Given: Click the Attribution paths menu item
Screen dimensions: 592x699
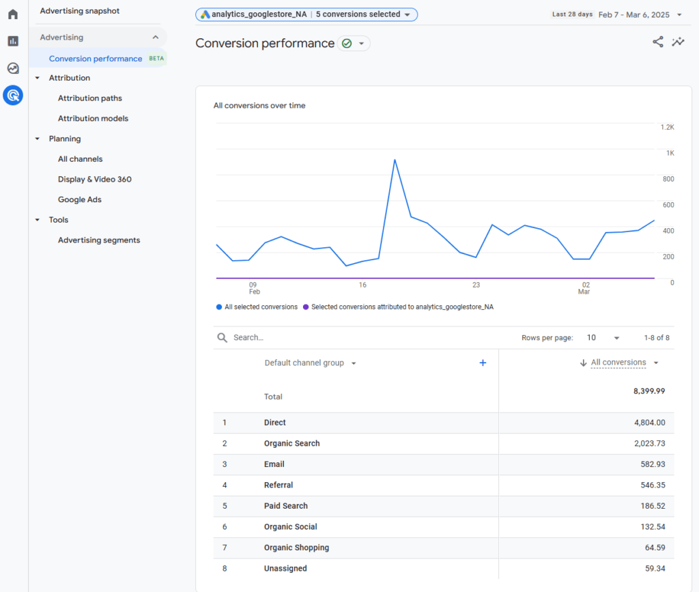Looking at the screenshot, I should [x=89, y=98].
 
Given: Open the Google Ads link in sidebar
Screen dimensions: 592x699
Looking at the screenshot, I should [x=79, y=199].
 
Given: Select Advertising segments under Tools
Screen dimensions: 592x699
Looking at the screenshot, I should [x=98, y=240].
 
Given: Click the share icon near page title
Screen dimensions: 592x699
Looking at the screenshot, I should [x=657, y=42].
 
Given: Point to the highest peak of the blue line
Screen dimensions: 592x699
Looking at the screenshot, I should [x=395, y=160].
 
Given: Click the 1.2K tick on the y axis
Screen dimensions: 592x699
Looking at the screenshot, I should [x=667, y=127].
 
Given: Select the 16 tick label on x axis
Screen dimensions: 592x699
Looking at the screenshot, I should [x=362, y=285].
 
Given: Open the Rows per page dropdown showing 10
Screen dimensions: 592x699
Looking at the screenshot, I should [x=603, y=338].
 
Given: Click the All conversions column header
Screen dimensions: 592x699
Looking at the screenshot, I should [x=618, y=363].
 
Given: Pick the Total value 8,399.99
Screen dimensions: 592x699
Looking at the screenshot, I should [x=648, y=391].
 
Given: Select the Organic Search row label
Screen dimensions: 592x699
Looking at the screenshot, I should [x=291, y=444].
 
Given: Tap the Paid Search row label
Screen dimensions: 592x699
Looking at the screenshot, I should [x=285, y=506].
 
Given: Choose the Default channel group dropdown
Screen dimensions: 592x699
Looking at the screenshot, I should [x=310, y=363].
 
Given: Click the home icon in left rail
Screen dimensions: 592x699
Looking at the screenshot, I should [x=13, y=14].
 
